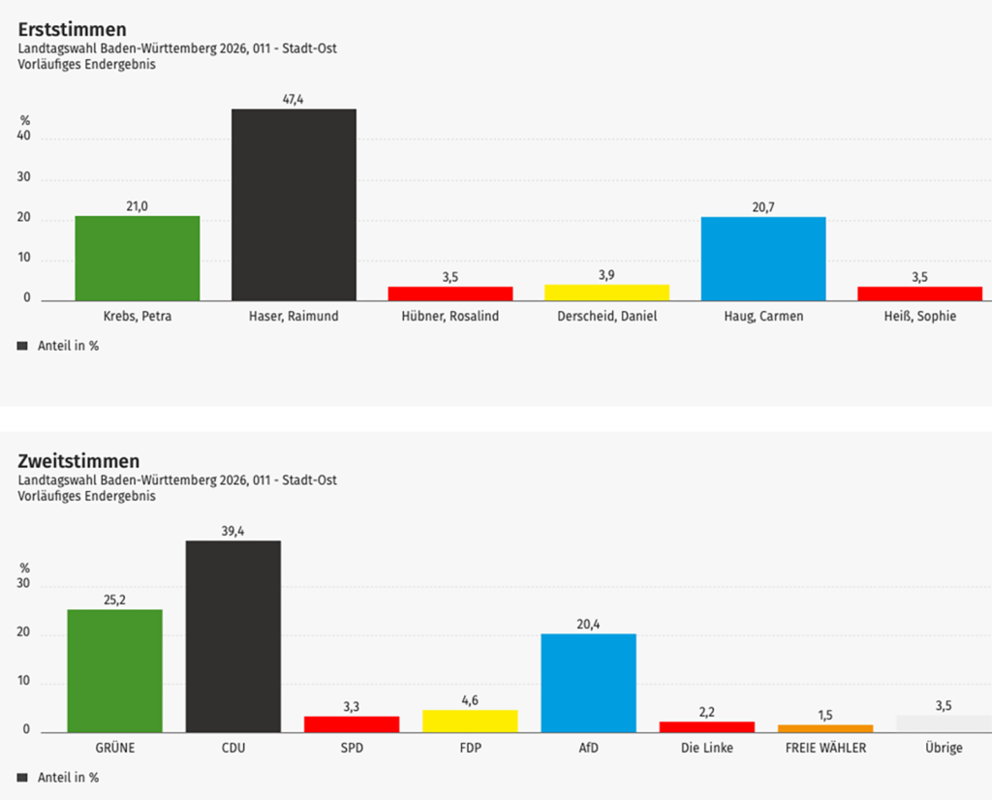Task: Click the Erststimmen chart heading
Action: [x=72, y=30]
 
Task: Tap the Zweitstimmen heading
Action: [x=78, y=461]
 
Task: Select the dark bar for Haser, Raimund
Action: [x=294, y=204]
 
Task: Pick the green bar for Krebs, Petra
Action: [x=138, y=258]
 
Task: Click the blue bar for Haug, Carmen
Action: [x=763, y=259]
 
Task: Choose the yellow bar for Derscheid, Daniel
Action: [x=606, y=292]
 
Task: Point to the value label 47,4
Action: [x=294, y=99]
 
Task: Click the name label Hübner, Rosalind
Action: [x=449, y=316]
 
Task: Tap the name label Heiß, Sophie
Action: [x=919, y=316]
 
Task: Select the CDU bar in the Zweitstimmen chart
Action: [x=233, y=636]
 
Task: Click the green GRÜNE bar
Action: [x=114, y=670]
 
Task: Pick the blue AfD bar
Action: [x=588, y=683]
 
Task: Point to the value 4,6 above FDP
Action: [x=470, y=700]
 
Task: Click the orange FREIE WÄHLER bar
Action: [x=825, y=728]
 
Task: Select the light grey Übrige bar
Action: [x=943, y=723]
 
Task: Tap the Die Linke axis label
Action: [x=706, y=748]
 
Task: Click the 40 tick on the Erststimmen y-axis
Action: [x=23, y=137]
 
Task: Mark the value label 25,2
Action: [x=114, y=600]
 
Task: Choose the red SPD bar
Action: [x=352, y=723]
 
